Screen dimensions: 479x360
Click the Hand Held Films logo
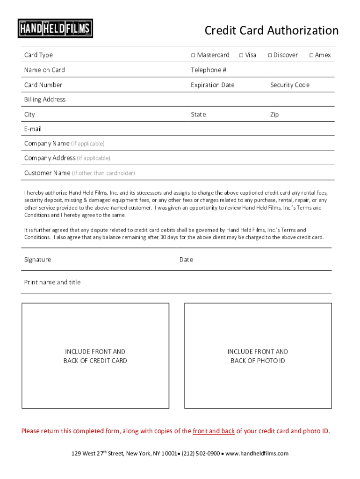pos(55,28)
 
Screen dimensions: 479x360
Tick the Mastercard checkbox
pos(193,55)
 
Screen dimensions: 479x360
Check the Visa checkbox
pos(241,55)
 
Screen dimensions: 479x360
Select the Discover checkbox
pos(270,55)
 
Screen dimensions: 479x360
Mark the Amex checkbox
pos(311,55)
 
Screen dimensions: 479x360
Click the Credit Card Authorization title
pos(271,31)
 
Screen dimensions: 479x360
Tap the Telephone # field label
pos(209,70)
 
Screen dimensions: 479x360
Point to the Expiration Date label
pos(212,85)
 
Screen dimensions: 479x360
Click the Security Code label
pos(289,85)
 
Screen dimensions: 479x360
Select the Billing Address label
pos(45,100)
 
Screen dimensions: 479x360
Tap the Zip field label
pos(274,115)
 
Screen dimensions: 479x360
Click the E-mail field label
pos(33,129)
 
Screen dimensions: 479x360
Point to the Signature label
pos(37,260)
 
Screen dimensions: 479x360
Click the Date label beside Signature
pos(186,260)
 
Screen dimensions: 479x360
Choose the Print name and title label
pos(52,282)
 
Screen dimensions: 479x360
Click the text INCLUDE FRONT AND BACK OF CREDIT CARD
pos(95,356)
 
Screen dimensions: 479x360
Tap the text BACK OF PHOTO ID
pos(258,361)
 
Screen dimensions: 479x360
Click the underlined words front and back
pos(214,431)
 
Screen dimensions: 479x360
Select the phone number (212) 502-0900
pos(201,453)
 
